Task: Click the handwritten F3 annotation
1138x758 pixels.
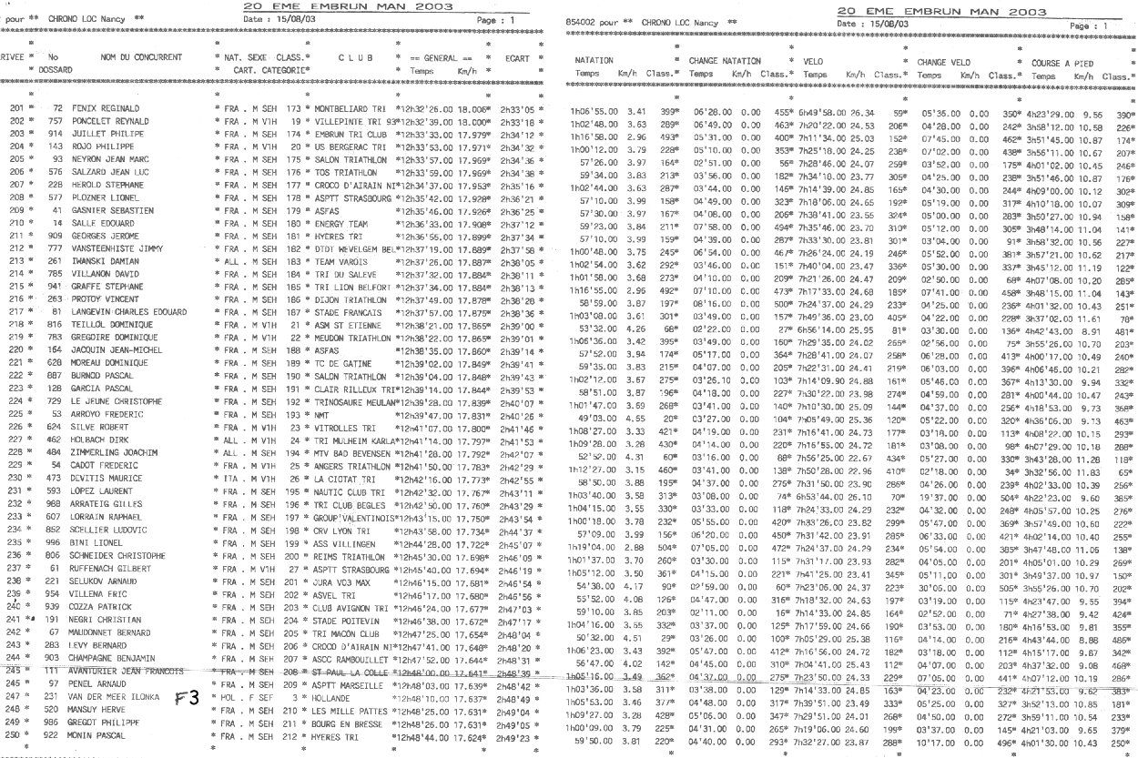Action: (x=188, y=699)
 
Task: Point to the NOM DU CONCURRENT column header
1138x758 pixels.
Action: (x=141, y=56)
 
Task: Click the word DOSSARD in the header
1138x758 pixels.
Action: (x=55, y=69)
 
